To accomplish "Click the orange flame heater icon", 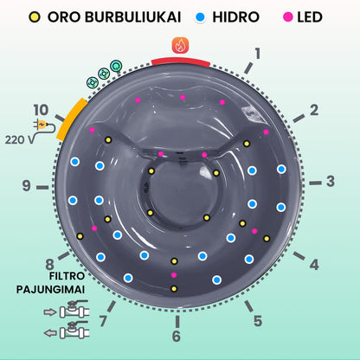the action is pos(180,45).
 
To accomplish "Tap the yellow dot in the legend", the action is pos(35,17).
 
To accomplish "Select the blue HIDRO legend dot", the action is pos(200,17).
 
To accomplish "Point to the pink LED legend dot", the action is pos(288,17).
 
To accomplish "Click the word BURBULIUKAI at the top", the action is pos(133,17).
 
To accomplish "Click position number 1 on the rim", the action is pos(258,54).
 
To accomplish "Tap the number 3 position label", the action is pos(331,181).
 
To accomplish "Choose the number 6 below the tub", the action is pos(177,336).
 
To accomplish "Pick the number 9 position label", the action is pos(27,185).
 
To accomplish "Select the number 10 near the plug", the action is pos(41,110).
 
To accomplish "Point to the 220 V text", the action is pos(19,140).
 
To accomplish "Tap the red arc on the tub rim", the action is pos(181,61).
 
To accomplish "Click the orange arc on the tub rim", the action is pos(71,119).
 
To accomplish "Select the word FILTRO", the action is pos(67,276).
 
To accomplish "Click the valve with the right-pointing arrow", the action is pos(67,310).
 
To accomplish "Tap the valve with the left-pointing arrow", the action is pos(67,330).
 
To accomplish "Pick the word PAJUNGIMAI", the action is pos(50,289).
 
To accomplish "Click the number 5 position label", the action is pos(258,321).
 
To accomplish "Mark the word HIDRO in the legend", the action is pos(236,17).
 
